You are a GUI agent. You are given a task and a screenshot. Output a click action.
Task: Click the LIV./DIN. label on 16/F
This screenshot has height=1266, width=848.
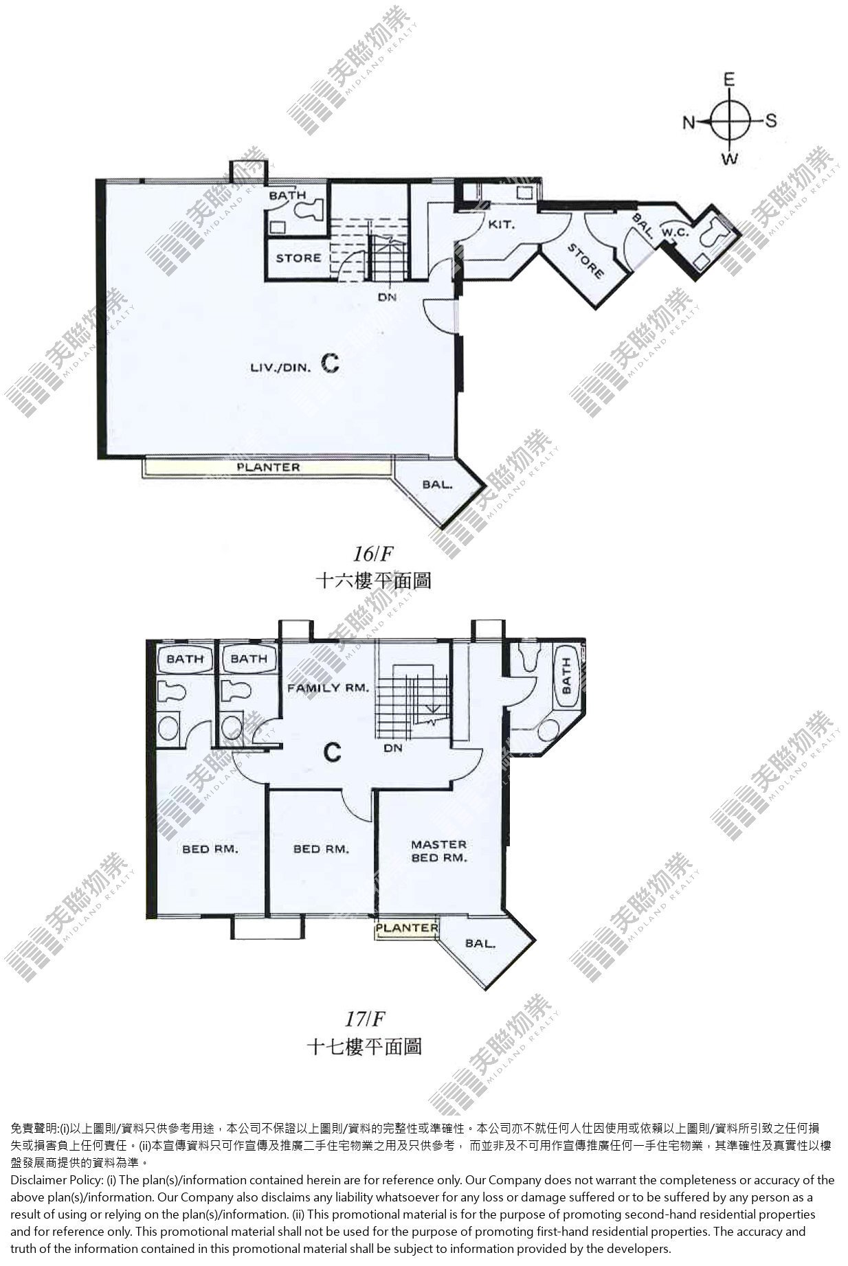pyautogui.click(x=281, y=368)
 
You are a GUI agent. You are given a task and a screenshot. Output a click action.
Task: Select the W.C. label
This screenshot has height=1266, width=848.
pyautogui.click(x=675, y=232)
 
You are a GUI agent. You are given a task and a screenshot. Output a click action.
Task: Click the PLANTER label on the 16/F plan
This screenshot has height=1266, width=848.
pyautogui.click(x=269, y=467)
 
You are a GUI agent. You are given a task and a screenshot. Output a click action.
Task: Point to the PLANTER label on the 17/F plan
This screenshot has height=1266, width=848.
pyautogui.click(x=407, y=927)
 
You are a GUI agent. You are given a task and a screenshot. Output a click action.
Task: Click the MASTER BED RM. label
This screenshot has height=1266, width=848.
pyautogui.click(x=438, y=850)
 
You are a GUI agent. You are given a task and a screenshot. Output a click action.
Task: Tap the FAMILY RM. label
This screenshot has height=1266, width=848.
pyautogui.click(x=328, y=688)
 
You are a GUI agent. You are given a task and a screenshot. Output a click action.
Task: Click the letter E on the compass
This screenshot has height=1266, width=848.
pyautogui.click(x=729, y=80)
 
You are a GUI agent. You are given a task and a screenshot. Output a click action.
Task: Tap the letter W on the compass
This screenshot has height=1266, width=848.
pyautogui.click(x=730, y=159)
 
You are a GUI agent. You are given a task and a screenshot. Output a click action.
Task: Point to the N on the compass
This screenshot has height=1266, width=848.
pyautogui.click(x=689, y=122)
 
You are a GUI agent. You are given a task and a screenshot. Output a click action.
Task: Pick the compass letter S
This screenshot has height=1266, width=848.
pyautogui.click(x=770, y=121)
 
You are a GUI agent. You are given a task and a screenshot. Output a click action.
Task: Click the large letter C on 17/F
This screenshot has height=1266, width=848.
pyautogui.click(x=333, y=753)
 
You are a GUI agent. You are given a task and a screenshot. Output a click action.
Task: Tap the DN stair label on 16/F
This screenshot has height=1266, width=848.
pyautogui.click(x=386, y=297)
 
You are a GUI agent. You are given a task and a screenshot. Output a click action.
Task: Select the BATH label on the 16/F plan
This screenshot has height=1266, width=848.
pyautogui.click(x=287, y=196)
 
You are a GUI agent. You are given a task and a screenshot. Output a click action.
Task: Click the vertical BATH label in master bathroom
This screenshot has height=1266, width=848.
pyautogui.click(x=566, y=676)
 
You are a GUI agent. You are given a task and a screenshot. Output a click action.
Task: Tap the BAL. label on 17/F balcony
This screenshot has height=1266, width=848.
pyautogui.click(x=480, y=943)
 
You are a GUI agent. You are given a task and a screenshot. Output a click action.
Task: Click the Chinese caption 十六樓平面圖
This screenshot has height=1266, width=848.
pyautogui.click(x=373, y=580)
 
